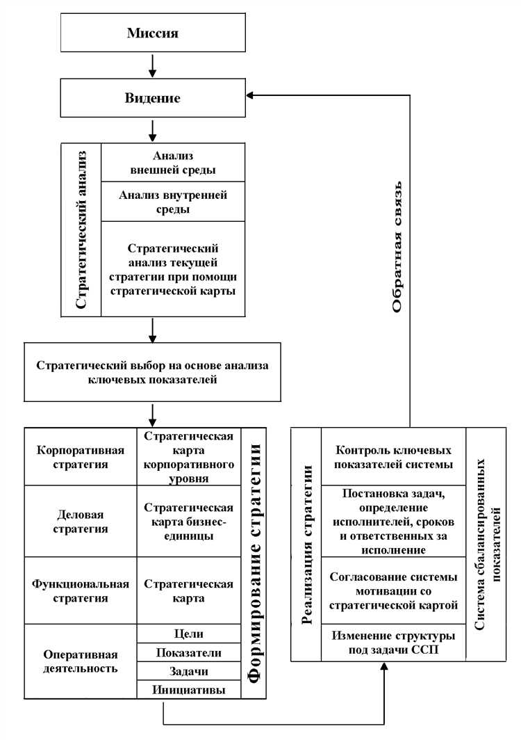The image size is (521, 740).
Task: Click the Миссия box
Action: pos(153,33)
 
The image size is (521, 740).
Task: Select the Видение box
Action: pos(153,98)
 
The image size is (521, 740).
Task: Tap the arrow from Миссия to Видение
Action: pos(153,65)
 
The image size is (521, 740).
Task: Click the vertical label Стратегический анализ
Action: pos(81,230)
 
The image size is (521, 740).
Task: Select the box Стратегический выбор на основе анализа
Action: pos(153,372)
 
